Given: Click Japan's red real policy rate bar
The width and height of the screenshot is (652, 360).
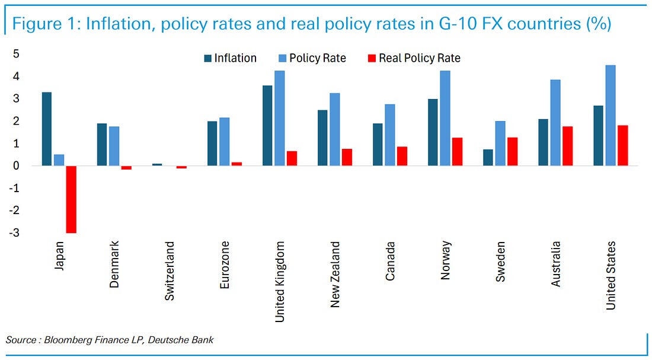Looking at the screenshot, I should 71,199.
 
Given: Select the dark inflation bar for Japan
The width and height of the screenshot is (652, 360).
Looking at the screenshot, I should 46,129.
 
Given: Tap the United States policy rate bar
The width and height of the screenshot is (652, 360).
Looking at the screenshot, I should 610,115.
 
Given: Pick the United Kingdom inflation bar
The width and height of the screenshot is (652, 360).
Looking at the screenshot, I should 267,125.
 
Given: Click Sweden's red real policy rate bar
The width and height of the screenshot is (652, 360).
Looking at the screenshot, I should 513,151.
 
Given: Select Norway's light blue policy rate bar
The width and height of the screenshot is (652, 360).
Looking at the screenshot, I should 445,118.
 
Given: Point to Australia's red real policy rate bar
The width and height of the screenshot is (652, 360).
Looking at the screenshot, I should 568,145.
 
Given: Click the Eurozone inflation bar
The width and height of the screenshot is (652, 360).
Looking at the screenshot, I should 212,143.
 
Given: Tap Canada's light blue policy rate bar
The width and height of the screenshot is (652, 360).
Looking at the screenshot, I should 389,135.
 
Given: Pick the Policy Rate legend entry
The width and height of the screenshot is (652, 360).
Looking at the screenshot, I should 319,58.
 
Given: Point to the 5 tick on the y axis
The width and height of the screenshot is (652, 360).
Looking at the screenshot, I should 17,54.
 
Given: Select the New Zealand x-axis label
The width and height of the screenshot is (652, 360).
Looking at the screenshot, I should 335,274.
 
